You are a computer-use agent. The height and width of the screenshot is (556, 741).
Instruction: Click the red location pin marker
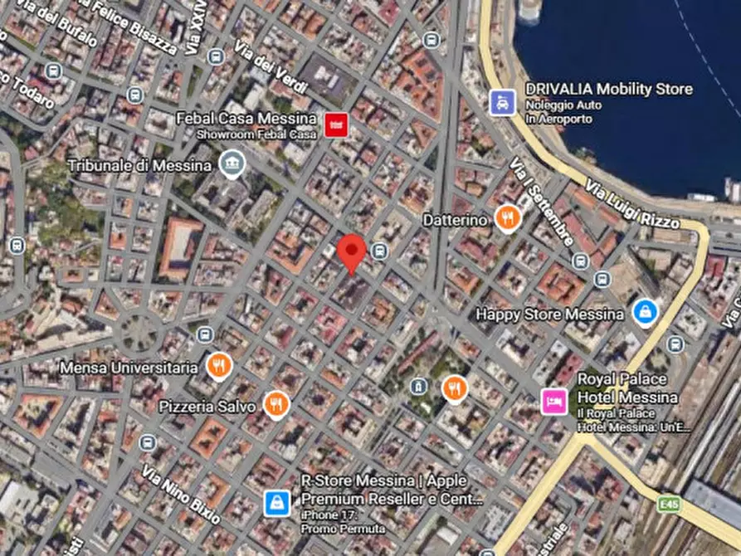point(353,251)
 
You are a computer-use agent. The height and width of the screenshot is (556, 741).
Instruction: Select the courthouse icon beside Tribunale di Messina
point(232,164)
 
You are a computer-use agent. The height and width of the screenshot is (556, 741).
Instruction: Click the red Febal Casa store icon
point(336,125)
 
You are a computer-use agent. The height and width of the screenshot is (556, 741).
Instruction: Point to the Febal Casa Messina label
point(246,118)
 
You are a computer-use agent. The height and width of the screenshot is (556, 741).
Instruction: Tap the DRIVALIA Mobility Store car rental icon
point(501,102)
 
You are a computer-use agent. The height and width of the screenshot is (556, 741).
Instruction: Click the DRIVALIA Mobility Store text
point(609,89)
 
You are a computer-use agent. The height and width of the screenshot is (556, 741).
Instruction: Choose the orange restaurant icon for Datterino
point(506,218)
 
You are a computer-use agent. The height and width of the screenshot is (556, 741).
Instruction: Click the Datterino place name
point(455,220)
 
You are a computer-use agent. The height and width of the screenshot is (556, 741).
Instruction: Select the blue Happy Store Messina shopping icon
point(645,313)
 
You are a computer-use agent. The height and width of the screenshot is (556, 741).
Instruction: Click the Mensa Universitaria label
point(129,367)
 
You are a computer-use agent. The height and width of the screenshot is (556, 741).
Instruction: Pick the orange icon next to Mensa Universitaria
point(218,365)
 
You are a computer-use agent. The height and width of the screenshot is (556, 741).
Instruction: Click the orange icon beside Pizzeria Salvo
point(276,405)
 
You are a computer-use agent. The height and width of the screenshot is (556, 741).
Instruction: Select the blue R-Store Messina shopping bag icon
point(277,502)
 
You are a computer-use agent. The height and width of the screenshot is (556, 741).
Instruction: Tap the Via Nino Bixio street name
point(181,495)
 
